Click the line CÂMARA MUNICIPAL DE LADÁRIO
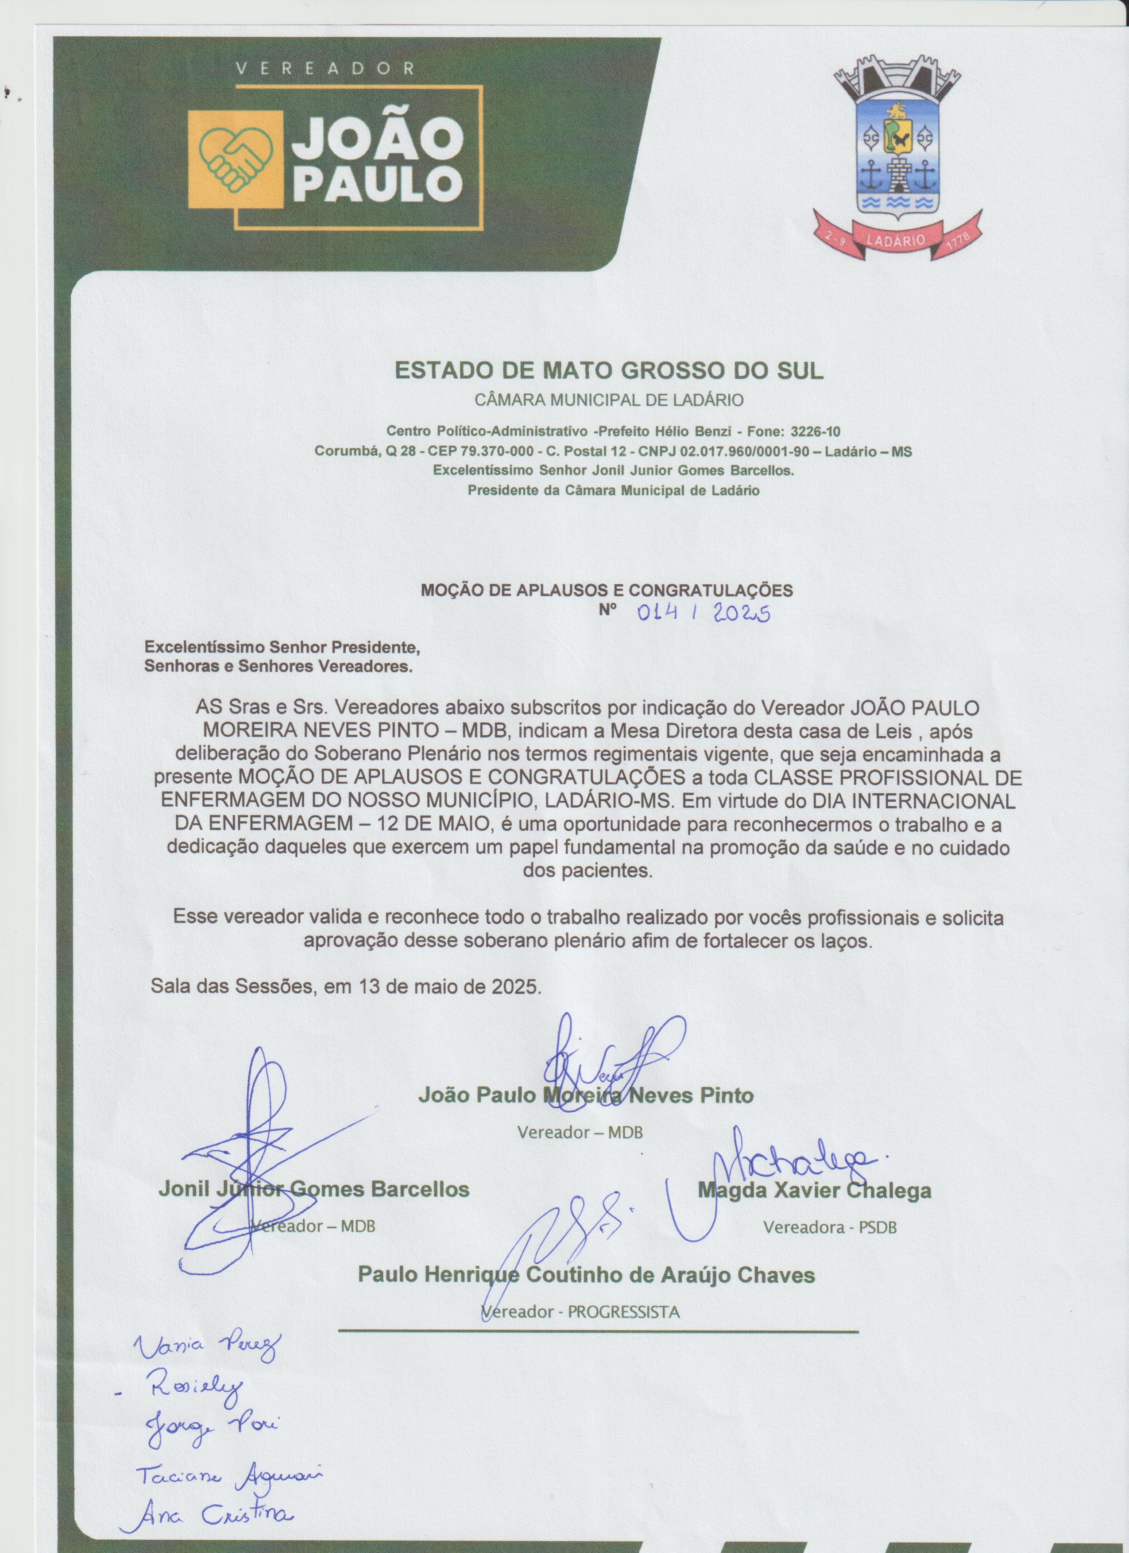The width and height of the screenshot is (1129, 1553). (609, 400)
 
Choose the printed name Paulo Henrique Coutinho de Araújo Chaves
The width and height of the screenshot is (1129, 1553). (586, 1274)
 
